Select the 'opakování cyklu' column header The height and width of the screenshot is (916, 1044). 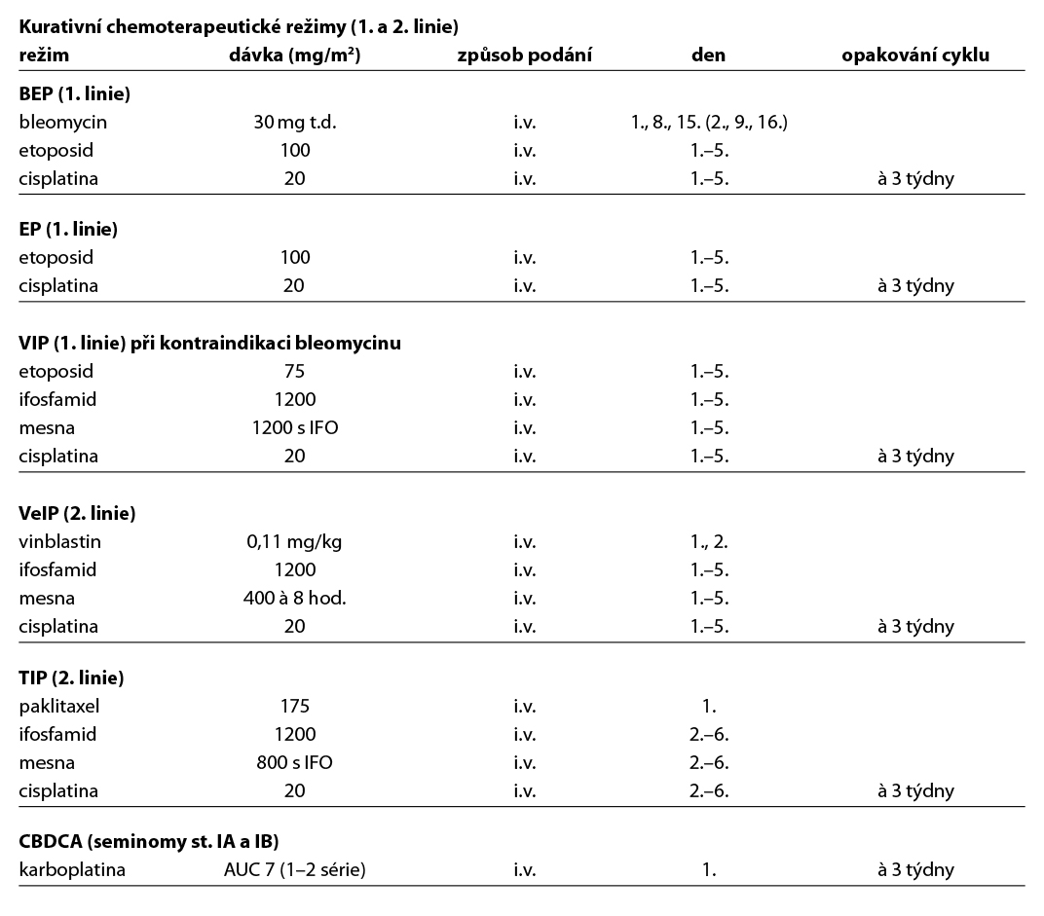click(914, 55)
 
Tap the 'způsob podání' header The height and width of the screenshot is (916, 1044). click(524, 55)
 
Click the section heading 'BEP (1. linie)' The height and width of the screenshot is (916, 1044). click(75, 94)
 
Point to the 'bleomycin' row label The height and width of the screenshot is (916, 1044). click(62, 123)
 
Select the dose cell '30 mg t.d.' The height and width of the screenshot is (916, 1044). click(294, 123)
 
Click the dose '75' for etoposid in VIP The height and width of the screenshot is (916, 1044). click(294, 371)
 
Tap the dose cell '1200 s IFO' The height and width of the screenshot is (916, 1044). click(294, 427)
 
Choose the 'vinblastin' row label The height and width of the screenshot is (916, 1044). click(60, 541)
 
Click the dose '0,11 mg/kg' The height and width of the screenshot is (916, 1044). click(294, 541)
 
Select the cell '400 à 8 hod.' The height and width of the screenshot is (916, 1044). click(294, 598)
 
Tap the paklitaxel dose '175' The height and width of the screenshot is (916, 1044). click(294, 707)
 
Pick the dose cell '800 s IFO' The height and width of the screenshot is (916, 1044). click(294, 763)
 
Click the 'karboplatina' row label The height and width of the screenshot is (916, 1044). click(72, 870)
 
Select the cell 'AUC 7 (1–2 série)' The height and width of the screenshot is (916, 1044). click(294, 870)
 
